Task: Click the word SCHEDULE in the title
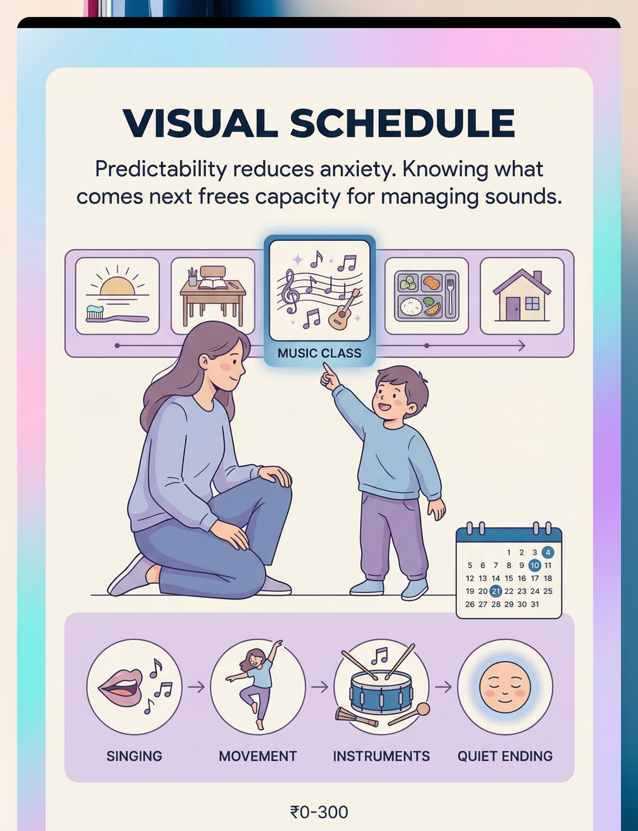[403, 123]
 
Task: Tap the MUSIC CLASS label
[319, 353]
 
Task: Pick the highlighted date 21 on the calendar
[496, 591]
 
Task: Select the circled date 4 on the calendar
[548, 552]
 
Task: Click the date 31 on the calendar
[535, 604]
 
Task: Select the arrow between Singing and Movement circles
[196, 687]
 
